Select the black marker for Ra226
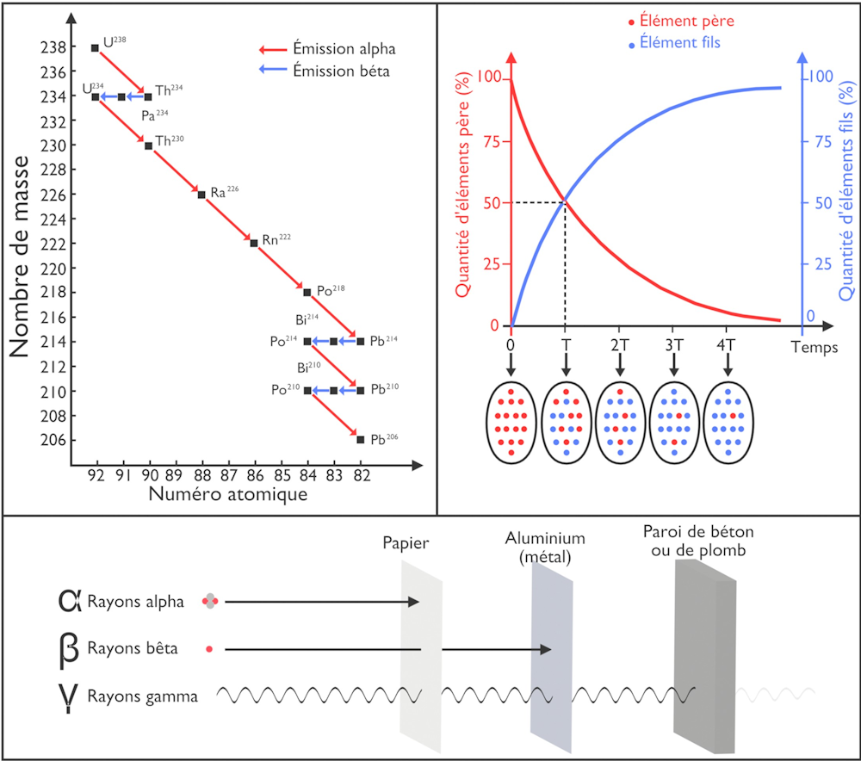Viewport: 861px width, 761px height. [x=201, y=195]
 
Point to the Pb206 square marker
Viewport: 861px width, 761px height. [x=360, y=440]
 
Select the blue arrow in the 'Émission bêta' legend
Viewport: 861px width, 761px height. [x=276, y=71]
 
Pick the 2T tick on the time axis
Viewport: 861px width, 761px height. [x=618, y=345]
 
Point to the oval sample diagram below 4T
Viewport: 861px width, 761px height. [x=730, y=422]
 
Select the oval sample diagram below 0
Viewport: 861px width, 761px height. [x=511, y=422]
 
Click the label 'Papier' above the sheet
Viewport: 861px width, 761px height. [x=406, y=543]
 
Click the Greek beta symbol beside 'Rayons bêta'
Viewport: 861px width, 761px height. [x=70, y=648]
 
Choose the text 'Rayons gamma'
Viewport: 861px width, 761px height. [x=142, y=696]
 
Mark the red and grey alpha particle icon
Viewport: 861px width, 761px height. [x=209, y=602]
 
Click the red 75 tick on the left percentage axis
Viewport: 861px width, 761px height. [x=493, y=140]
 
